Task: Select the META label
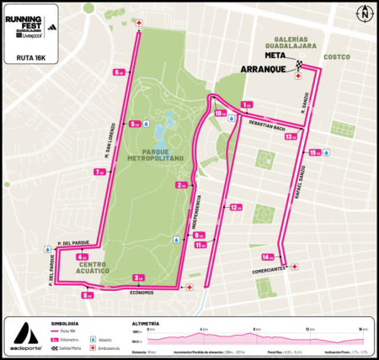[x=274, y=56]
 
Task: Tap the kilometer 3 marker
[x=139, y=278]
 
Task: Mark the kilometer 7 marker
[x=99, y=172]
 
